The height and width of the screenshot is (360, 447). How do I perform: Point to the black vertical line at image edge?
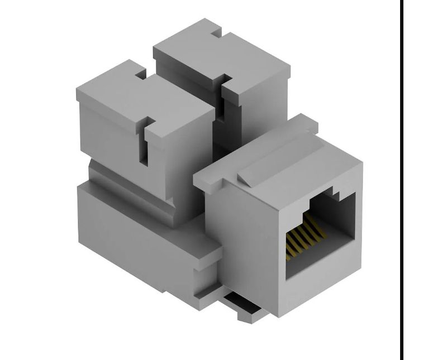(x=401, y=179)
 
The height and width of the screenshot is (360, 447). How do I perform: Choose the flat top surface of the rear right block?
(x=223, y=56)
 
